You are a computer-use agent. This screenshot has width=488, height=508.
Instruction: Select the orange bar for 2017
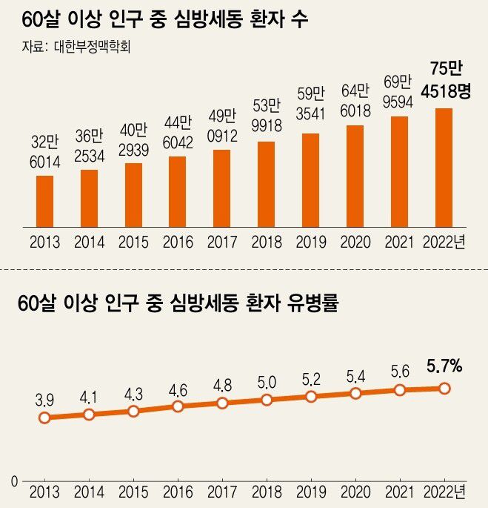[221, 188]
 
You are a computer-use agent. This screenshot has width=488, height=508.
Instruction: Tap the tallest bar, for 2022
[444, 167]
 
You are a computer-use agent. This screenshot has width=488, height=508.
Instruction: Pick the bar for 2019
[310, 179]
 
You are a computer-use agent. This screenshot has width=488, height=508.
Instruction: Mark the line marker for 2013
[44, 418]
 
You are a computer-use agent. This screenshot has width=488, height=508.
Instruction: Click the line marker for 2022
[444, 388]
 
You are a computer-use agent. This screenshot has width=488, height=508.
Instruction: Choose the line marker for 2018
[267, 400]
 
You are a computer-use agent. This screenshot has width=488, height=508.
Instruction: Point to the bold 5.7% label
[444, 366]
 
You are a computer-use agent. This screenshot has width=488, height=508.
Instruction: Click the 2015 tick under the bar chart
[133, 243]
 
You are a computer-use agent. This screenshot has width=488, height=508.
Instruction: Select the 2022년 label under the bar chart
[444, 243]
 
